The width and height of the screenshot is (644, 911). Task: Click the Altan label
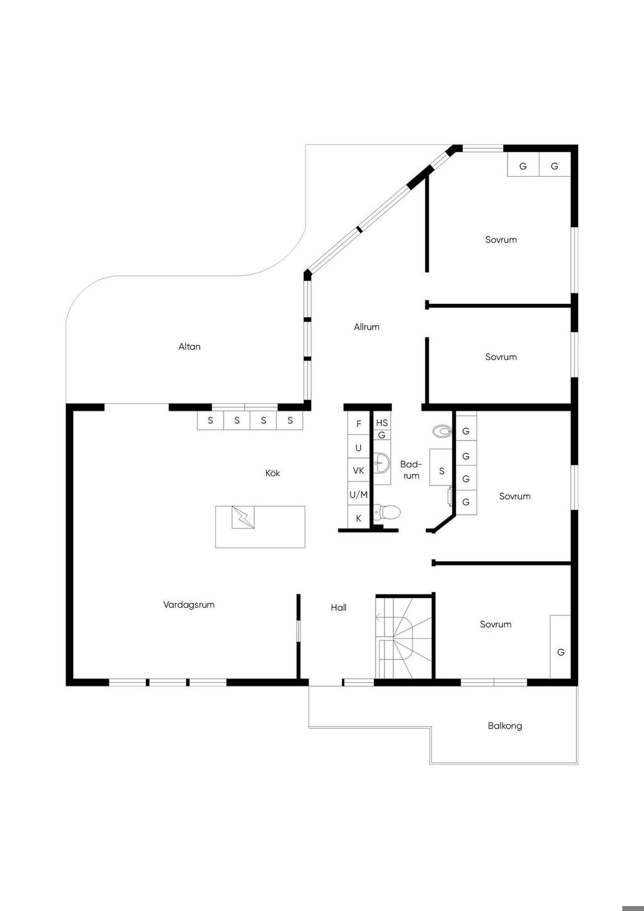(189, 347)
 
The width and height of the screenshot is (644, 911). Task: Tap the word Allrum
(367, 327)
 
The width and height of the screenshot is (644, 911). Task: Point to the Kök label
(273, 473)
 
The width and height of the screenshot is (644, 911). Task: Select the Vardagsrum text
(189, 605)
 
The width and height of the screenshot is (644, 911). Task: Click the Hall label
(338, 608)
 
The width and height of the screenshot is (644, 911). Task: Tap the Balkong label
(504, 726)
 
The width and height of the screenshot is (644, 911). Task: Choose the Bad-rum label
(411, 470)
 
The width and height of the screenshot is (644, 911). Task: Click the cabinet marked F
(358, 424)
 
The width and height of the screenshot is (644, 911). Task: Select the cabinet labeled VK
(358, 471)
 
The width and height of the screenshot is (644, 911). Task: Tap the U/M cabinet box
(358, 495)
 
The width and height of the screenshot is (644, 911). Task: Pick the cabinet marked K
(358, 518)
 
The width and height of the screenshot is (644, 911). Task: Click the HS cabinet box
(382, 423)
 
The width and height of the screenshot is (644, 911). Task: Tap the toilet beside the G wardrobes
(443, 431)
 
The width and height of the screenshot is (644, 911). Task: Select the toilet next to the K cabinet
(389, 512)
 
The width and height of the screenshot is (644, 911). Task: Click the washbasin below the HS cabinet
(381, 463)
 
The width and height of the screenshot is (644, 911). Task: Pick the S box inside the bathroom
(441, 471)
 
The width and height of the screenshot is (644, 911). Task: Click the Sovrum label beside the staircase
(496, 625)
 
